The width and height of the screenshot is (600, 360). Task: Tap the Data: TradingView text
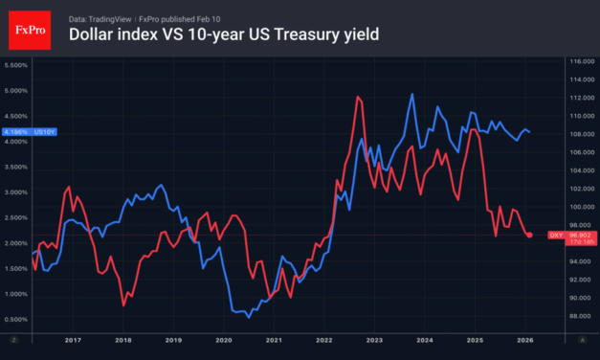point(103,17)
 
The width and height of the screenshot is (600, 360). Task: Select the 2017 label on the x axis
point(72,340)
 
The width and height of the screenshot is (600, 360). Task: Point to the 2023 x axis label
point(373,340)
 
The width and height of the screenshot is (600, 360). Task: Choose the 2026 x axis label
point(524,340)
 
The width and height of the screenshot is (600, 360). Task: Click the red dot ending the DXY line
point(531,235)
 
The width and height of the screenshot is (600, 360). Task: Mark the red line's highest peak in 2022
point(357,97)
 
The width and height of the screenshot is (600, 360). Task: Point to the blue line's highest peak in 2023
point(411,94)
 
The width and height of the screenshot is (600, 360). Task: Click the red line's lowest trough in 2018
point(123,304)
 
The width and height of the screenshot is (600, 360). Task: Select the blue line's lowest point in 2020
point(249,317)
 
